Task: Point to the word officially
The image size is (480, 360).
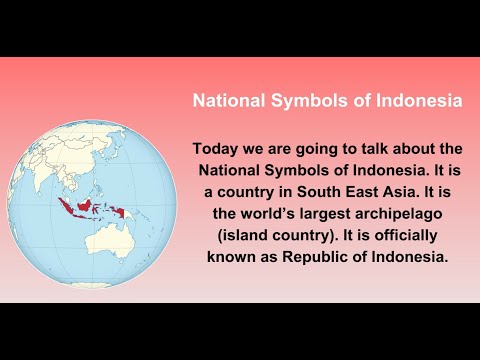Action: (395, 235)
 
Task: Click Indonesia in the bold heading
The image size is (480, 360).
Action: (414, 101)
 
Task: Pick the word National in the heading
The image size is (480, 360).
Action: (228, 101)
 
